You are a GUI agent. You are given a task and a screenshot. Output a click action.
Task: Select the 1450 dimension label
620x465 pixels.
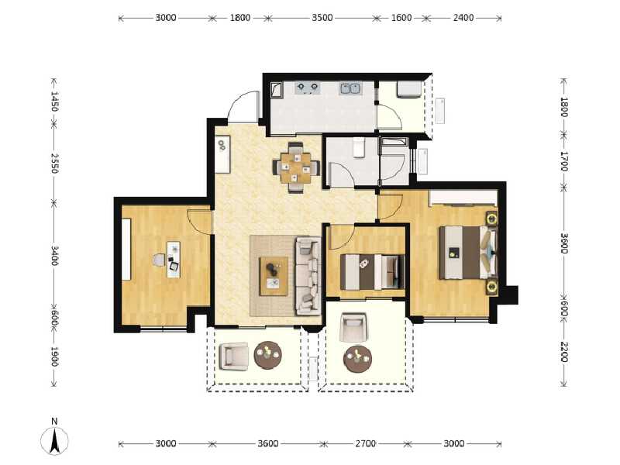[x=54, y=102]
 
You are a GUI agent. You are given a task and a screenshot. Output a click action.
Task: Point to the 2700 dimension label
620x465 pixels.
[x=365, y=444]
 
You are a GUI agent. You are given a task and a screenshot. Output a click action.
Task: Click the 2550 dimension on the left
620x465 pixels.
[x=54, y=164]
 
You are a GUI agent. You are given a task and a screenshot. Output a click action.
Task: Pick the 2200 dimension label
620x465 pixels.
[x=564, y=352]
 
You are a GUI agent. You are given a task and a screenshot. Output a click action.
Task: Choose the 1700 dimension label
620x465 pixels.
[x=564, y=161]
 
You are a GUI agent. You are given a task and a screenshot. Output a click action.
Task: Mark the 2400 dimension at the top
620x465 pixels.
[x=463, y=17]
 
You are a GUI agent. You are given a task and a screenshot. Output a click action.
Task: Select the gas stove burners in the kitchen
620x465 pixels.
[x=308, y=88]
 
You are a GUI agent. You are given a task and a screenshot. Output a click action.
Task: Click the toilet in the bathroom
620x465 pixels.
[x=358, y=147]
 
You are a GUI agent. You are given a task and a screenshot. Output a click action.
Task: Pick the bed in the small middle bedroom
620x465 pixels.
[x=373, y=271]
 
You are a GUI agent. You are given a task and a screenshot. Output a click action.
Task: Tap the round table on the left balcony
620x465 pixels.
[x=268, y=355]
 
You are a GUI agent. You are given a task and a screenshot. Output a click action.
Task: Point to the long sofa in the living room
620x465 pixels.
[x=308, y=275]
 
